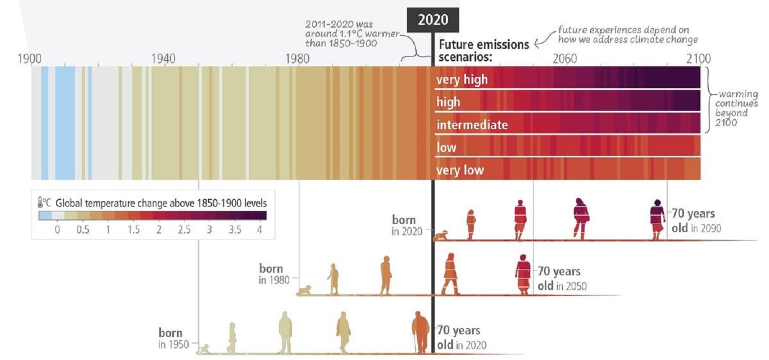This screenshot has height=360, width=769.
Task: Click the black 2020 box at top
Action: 433,20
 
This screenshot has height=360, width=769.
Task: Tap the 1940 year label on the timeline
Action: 164,58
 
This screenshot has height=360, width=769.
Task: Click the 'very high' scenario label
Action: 462,80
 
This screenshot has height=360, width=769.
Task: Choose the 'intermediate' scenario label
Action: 472,125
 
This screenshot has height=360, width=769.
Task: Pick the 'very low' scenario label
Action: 460,170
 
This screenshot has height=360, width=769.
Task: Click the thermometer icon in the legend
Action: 41,203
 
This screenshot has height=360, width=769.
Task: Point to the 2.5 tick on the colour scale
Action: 184,230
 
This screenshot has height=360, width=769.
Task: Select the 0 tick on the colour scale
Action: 57,230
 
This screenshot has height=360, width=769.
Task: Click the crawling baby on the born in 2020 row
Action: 441,235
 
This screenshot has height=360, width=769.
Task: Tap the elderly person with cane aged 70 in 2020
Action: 420,332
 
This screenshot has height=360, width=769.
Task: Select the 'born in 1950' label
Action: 171,338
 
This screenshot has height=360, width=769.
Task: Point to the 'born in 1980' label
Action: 272,274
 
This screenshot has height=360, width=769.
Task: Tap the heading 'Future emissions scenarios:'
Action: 483,50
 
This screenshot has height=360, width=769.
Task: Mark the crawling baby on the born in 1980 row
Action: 305,290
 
